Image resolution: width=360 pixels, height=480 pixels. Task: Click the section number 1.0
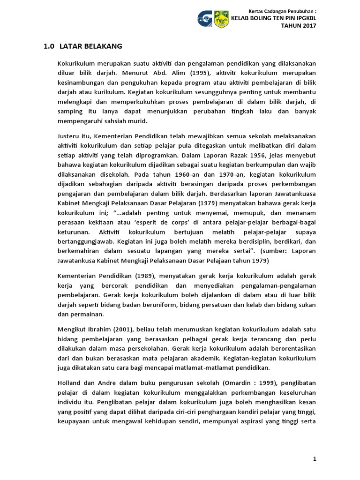tap(49, 46)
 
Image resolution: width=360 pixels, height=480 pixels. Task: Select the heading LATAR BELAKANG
tap(91, 46)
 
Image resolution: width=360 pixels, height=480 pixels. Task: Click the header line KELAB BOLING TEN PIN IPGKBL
tap(272, 18)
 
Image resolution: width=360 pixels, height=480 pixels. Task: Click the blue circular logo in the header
tap(205, 19)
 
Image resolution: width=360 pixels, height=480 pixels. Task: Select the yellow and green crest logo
tap(221, 19)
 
